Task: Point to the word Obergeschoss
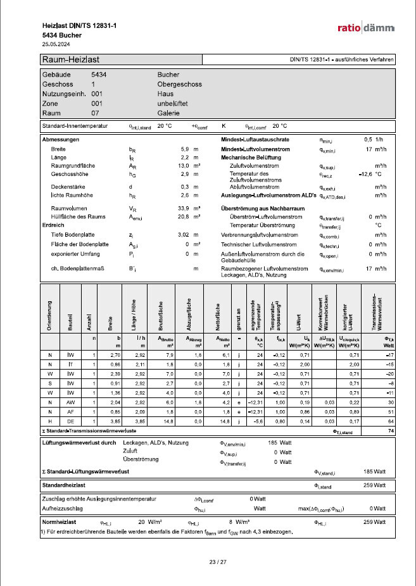coord(178,84)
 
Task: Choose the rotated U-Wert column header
coord(306,325)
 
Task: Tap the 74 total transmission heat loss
coord(391,431)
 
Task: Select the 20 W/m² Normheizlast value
coord(148,522)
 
